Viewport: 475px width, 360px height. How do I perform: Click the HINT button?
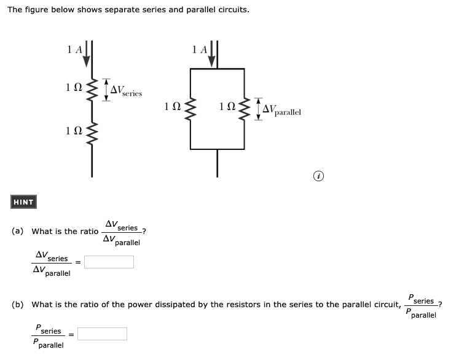[x=24, y=202]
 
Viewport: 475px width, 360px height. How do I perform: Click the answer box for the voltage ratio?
[x=109, y=262]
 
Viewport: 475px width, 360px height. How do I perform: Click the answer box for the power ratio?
[x=102, y=334]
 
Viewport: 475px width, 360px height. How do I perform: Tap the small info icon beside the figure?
[x=318, y=177]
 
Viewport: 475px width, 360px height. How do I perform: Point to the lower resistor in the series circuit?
[x=92, y=131]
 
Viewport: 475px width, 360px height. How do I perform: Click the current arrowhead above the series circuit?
[x=87, y=60]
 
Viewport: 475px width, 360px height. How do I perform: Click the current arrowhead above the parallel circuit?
[x=213, y=60]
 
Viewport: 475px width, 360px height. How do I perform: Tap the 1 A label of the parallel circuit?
[x=200, y=49]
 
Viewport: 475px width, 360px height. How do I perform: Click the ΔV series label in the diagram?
[x=126, y=92]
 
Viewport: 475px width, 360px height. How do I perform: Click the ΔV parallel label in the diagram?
[x=281, y=111]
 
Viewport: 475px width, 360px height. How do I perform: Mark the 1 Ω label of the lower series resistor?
[x=74, y=130]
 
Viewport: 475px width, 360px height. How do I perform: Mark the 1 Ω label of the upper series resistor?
[x=74, y=88]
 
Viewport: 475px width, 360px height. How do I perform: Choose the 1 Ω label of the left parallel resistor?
[x=173, y=107]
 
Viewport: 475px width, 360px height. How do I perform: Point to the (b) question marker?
[x=18, y=304]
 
